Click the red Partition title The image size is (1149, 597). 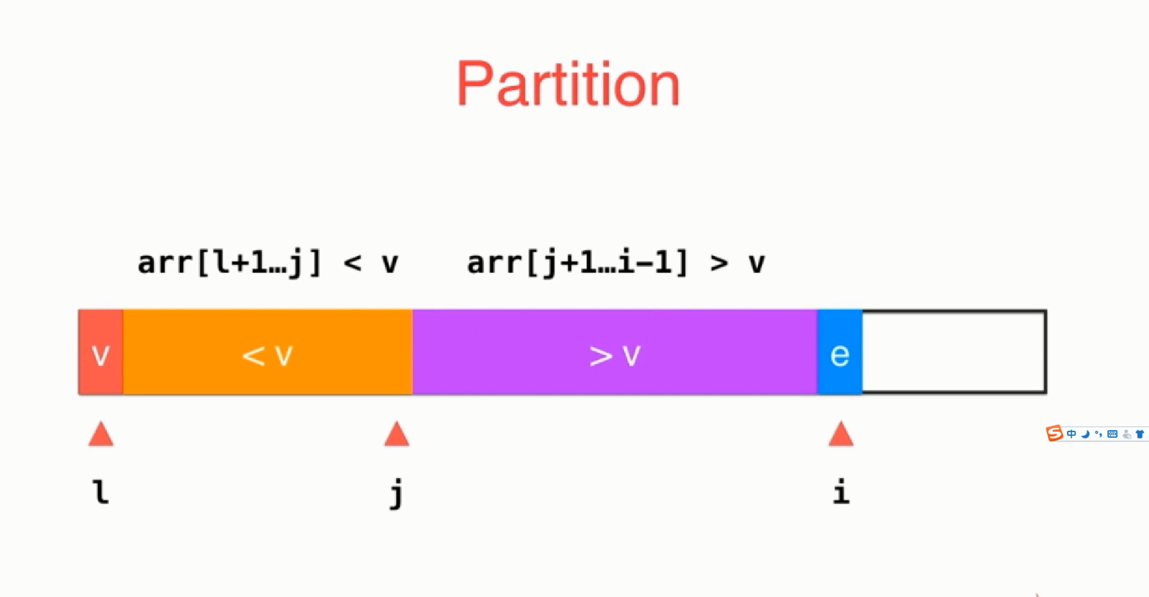tap(568, 83)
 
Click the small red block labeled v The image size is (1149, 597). tap(100, 352)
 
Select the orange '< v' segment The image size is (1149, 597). tap(268, 352)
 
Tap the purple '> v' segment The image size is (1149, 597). tap(614, 352)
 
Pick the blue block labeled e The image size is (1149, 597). tap(840, 352)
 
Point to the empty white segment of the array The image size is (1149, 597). tap(955, 352)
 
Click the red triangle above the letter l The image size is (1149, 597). tap(101, 434)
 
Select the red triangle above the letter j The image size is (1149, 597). tap(397, 434)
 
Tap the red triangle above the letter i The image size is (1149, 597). tap(841, 434)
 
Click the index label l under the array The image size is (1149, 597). tap(101, 492)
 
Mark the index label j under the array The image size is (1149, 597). tap(397, 493)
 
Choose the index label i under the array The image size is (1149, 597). tap(841, 492)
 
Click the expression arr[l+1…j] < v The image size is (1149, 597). tap(268, 263)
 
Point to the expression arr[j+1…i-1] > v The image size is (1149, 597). tap(616, 263)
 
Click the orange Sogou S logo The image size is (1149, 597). tap(1054, 434)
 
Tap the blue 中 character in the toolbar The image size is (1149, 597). tap(1071, 434)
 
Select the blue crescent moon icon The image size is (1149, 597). tap(1085, 434)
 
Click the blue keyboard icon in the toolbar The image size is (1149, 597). tap(1112, 434)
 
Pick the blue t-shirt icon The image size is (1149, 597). tap(1140, 434)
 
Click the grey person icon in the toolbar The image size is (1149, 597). tap(1126, 434)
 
